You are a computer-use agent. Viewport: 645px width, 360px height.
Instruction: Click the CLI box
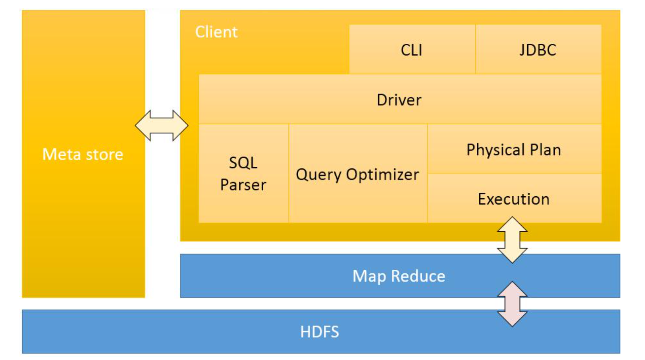click(412, 50)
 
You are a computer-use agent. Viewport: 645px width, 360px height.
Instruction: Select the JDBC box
click(538, 50)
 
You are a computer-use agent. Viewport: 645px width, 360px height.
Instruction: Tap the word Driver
click(399, 100)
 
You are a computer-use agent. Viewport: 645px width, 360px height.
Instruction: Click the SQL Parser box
click(243, 174)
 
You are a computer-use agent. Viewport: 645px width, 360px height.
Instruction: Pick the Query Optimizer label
click(357, 174)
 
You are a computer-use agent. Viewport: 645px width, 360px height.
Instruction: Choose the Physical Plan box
click(514, 149)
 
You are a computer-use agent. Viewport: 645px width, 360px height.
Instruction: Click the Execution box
click(514, 199)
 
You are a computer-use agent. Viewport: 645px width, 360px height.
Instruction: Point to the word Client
click(216, 32)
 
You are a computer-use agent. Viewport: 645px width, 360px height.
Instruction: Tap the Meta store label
click(83, 154)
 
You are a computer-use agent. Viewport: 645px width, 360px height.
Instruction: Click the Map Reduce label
click(399, 276)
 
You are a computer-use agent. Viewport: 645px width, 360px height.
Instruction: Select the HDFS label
click(320, 332)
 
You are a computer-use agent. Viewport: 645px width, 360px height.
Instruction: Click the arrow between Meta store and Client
click(161, 126)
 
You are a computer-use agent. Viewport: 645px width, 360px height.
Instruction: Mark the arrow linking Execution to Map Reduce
click(512, 240)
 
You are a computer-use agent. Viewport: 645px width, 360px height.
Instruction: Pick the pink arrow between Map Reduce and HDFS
click(512, 304)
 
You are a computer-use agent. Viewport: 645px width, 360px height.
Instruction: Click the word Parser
click(243, 185)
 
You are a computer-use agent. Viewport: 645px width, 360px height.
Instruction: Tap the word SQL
click(243, 163)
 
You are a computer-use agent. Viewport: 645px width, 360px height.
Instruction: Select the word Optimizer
click(383, 174)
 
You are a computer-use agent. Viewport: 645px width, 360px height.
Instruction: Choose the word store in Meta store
click(105, 154)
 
